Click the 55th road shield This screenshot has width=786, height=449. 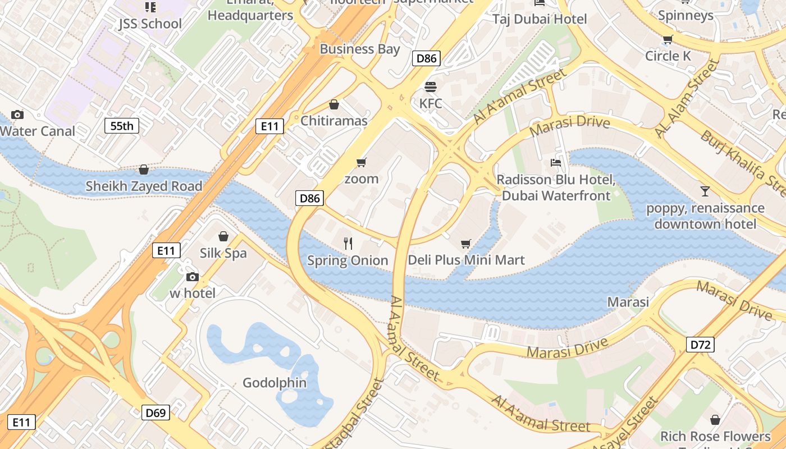pyautogui.click(x=122, y=126)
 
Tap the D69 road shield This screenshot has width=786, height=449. pyautogui.click(x=156, y=413)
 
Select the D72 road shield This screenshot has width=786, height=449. pyautogui.click(x=700, y=344)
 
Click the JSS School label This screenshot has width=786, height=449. pyautogui.click(x=150, y=24)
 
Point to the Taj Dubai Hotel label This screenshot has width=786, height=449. pyautogui.click(x=540, y=19)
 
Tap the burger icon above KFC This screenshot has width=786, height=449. pyautogui.click(x=431, y=87)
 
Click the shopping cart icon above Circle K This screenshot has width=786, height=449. pyautogui.click(x=668, y=39)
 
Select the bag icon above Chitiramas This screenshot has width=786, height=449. pyautogui.click(x=334, y=104)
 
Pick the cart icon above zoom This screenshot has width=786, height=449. pyautogui.click(x=362, y=162)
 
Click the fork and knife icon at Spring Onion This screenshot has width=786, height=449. pyautogui.click(x=348, y=244)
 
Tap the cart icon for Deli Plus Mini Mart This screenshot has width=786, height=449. pyautogui.click(x=465, y=244)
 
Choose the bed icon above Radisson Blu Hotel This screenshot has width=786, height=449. pyautogui.click(x=556, y=163)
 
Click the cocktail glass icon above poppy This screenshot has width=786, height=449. pyautogui.click(x=705, y=191)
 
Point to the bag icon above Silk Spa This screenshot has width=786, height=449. pyautogui.click(x=223, y=236)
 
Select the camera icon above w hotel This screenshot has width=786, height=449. pyautogui.click(x=193, y=277)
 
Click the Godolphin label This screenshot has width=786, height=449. pyautogui.click(x=275, y=383)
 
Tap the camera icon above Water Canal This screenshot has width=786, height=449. pyautogui.click(x=17, y=114)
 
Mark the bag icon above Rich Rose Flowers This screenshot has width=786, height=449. pyautogui.click(x=715, y=420)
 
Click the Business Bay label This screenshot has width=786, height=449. pyautogui.click(x=359, y=49)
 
